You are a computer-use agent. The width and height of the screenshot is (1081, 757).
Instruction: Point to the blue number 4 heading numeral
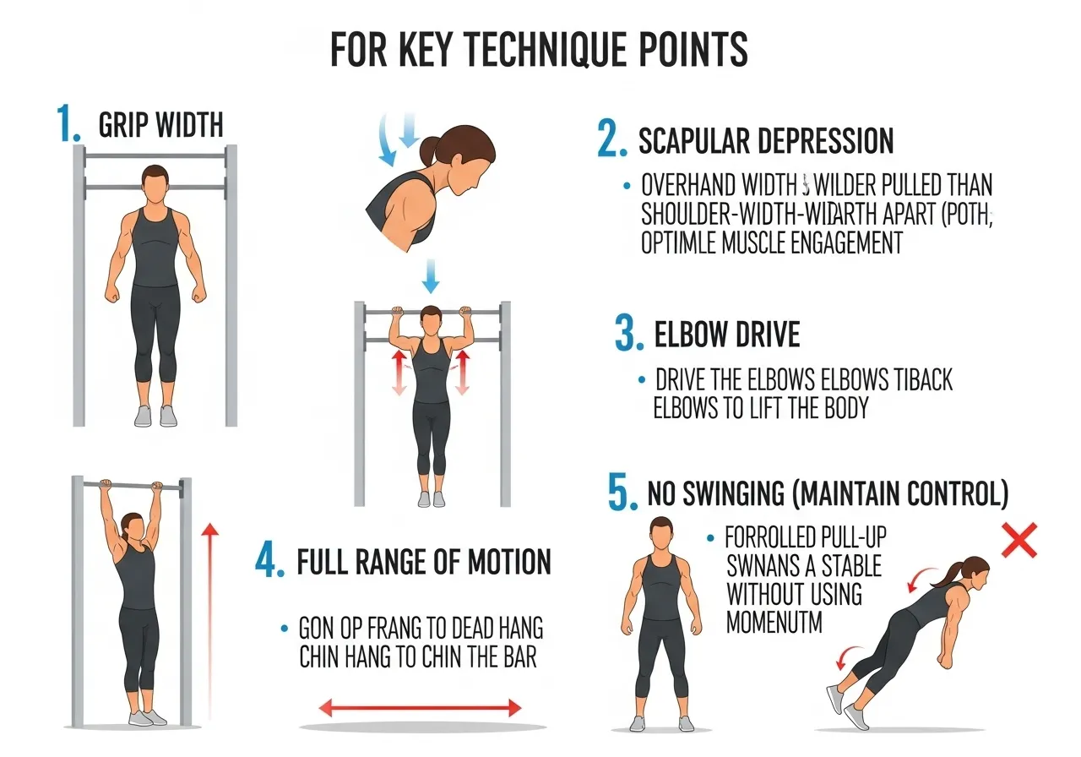268,560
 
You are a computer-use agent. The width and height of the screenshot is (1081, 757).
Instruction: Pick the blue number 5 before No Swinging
622,493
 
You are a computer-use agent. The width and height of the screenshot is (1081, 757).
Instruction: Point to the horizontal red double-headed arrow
420,708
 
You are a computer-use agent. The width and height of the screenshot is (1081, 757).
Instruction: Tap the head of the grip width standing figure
154,180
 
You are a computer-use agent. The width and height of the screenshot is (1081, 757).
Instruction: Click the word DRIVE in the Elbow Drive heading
763,335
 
